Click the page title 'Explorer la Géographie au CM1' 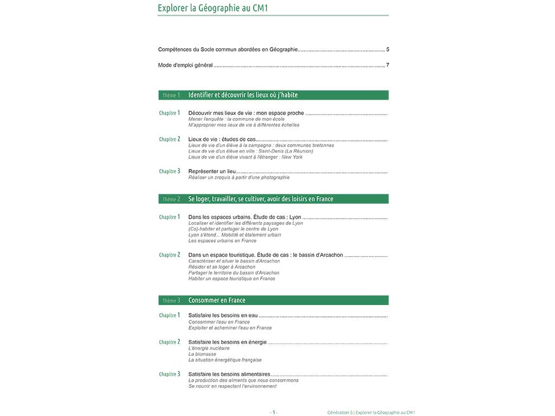212,8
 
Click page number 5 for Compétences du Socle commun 388,49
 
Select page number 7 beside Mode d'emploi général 388,66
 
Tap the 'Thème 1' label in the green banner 171,95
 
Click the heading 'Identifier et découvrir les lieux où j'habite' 243,95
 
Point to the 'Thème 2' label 171,199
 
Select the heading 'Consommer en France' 217,301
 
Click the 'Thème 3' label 171,301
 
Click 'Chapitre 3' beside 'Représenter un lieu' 170,171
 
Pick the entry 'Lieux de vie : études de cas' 222,139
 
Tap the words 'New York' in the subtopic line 292,157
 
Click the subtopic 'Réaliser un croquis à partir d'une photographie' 238,177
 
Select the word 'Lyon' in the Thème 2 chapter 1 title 295,217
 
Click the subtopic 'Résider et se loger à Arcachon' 222,267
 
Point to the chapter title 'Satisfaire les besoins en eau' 223,315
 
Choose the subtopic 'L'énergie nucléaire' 209,348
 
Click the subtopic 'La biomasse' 202,354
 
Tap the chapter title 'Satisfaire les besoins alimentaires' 229,374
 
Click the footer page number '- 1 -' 274,412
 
